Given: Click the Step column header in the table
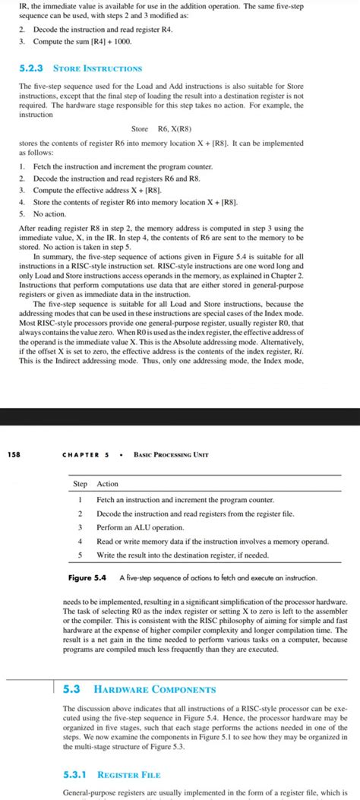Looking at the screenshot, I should click(x=80, y=483).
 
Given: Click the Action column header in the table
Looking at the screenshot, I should click(x=108, y=483).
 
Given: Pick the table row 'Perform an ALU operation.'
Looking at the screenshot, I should click(x=141, y=526).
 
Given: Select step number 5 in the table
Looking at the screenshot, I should click(x=79, y=555).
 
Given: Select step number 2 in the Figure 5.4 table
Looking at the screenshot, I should click(x=79, y=513).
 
